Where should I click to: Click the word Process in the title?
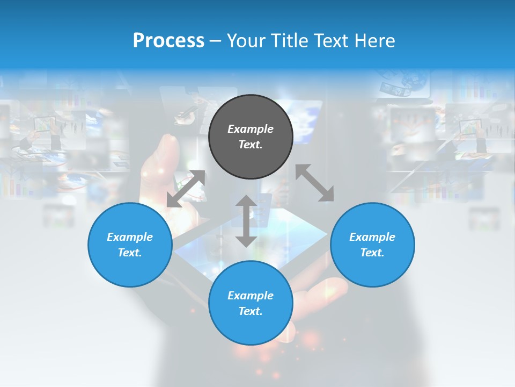click(x=168, y=41)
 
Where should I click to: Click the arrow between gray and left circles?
click(x=186, y=189)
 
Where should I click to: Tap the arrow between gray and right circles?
click(x=315, y=183)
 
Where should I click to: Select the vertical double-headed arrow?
click(x=246, y=221)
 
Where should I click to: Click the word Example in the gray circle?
click(x=251, y=129)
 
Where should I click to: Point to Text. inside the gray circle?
click(x=251, y=145)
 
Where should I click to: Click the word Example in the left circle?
click(x=130, y=237)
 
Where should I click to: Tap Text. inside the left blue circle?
click(x=130, y=253)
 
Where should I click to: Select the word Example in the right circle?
click(x=372, y=237)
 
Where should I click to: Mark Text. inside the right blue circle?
click(x=372, y=253)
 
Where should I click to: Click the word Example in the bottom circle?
click(x=251, y=296)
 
